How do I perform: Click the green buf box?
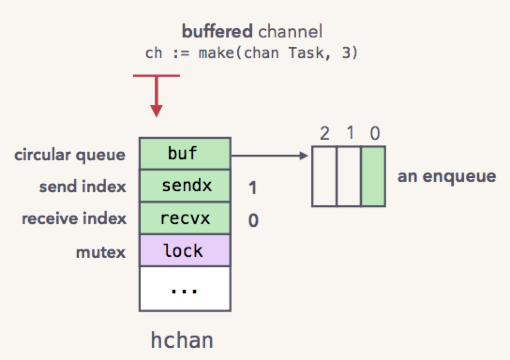point(185,153)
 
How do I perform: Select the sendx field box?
point(185,185)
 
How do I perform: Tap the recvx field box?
point(185,218)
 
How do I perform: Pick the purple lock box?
point(185,250)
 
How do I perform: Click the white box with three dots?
point(185,289)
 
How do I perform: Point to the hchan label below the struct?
point(182,340)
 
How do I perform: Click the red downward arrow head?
point(157,111)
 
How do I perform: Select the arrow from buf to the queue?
point(270,156)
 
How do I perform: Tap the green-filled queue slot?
point(374,176)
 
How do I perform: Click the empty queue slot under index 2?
point(324,176)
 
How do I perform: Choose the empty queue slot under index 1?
point(349,176)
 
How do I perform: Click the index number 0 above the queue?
point(375,133)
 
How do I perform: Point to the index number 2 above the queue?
point(324,133)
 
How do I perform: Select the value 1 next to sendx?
point(253,187)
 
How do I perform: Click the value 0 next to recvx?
point(254,220)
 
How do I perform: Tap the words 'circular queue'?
point(69,155)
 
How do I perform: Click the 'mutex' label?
point(100,252)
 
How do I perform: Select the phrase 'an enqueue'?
point(447,177)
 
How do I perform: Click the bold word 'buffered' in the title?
point(217,31)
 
